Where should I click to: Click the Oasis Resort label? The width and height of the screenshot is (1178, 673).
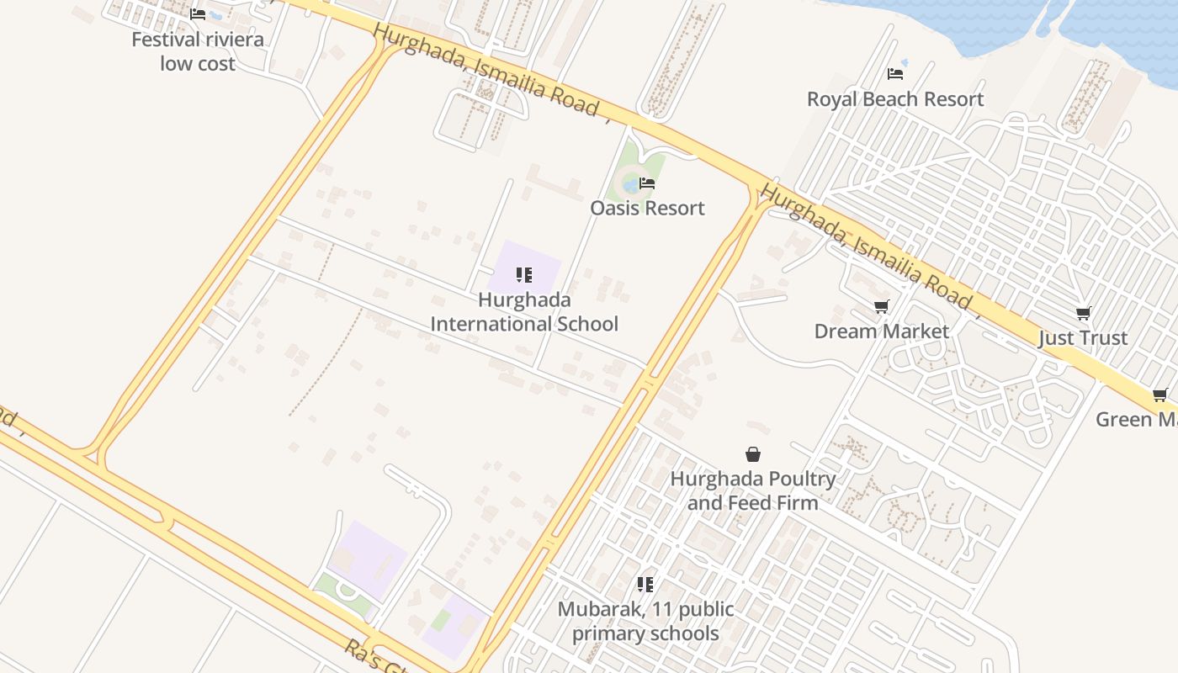(647, 208)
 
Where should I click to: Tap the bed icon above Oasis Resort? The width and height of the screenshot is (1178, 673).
(647, 183)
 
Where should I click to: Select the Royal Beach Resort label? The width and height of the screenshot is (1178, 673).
(894, 99)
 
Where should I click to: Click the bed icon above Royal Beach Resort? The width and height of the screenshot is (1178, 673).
(895, 74)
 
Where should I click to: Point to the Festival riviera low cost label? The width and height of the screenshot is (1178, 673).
(198, 51)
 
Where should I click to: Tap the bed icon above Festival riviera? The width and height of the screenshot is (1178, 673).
(198, 14)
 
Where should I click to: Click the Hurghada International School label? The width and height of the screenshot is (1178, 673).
(524, 312)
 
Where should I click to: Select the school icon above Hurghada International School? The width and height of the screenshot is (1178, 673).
(524, 275)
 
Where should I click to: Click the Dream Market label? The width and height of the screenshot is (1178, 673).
(881, 331)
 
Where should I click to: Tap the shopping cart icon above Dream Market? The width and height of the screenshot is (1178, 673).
(881, 306)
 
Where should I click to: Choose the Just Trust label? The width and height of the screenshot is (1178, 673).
(1083, 338)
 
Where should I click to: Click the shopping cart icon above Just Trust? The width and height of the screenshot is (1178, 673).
(1084, 314)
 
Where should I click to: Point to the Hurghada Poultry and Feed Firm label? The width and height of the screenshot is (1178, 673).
(753, 490)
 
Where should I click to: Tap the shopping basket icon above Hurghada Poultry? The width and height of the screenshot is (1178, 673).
(753, 454)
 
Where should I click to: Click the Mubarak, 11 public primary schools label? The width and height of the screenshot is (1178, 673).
(645, 621)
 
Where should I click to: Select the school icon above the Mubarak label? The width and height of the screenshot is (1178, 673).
(645, 584)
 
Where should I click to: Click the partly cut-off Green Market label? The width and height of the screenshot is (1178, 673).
(1136, 419)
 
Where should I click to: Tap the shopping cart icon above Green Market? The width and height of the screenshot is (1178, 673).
(1160, 395)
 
